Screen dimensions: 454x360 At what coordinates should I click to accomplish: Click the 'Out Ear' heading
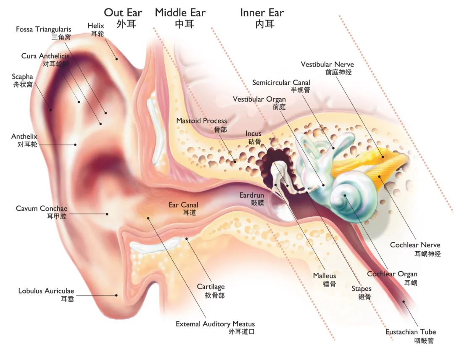(x=123, y=13)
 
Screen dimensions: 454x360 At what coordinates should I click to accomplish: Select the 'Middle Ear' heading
(x=180, y=13)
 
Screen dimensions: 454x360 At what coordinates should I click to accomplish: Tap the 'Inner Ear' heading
(x=262, y=13)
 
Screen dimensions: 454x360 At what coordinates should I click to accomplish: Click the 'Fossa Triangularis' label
(x=43, y=29)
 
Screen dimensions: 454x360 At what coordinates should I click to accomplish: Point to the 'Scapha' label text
(x=22, y=77)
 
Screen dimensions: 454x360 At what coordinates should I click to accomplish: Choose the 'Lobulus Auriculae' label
(x=46, y=291)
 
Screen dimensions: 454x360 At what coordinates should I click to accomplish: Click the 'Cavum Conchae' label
(x=41, y=208)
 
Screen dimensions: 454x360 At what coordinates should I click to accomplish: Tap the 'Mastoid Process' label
(x=201, y=121)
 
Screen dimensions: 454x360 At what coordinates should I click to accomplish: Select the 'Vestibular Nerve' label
(x=327, y=64)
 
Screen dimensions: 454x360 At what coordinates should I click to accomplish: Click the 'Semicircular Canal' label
(x=281, y=82)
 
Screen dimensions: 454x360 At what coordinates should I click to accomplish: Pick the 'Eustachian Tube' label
(x=411, y=331)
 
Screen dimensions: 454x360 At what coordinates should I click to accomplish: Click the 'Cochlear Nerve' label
(x=415, y=245)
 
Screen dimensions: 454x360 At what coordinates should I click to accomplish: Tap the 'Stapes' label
(x=362, y=289)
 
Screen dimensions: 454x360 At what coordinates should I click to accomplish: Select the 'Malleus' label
(x=325, y=276)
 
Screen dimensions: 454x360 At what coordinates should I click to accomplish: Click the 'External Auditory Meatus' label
(x=215, y=324)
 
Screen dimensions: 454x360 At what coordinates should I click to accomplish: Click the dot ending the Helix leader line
(x=117, y=59)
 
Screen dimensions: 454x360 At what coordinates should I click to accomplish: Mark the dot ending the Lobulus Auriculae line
(x=116, y=295)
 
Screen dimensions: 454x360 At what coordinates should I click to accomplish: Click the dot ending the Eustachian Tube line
(x=404, y=302)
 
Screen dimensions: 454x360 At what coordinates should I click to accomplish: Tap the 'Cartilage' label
(x=211, y=287)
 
